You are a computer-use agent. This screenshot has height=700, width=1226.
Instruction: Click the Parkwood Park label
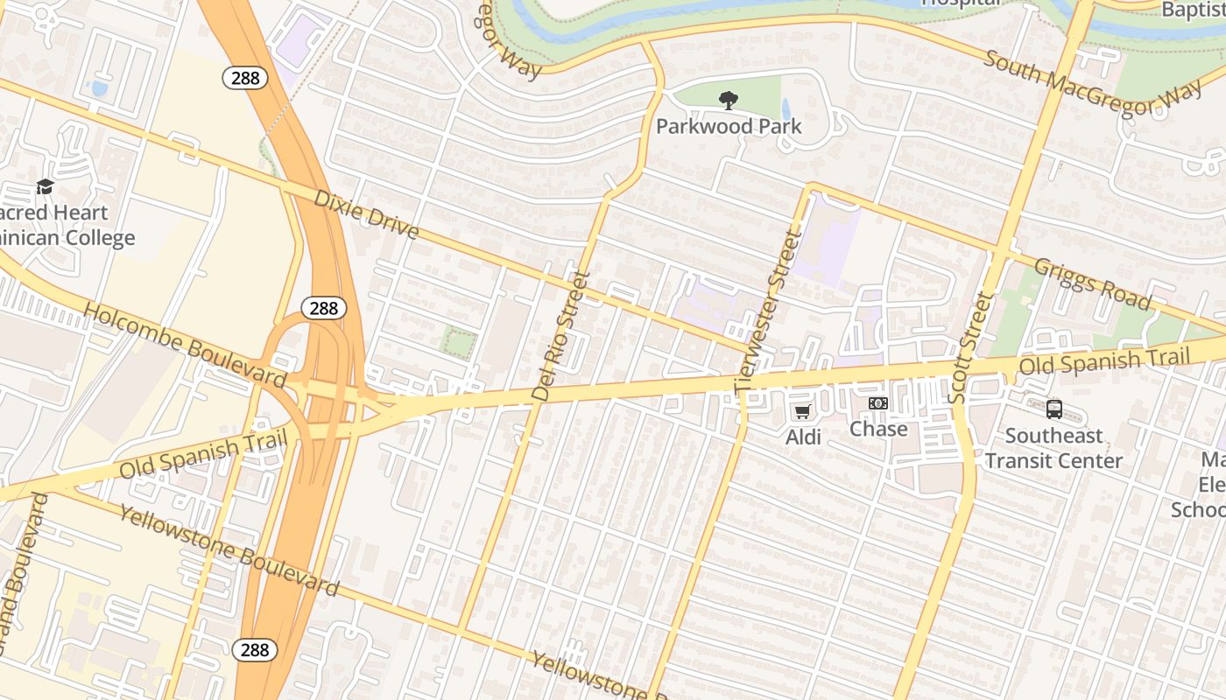pos(729,126)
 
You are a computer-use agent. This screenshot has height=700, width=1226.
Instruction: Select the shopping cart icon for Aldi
pos(802,411)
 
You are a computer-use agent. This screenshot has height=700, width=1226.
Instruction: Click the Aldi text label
pos(803,437)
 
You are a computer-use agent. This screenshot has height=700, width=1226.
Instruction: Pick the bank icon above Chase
pos(878,403)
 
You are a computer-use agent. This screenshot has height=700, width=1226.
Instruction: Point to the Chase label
pos(878,429)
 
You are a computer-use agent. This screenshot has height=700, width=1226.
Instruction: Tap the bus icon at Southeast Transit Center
pos(1054,409)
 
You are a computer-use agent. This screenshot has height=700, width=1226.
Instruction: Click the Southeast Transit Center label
pos(1053,448)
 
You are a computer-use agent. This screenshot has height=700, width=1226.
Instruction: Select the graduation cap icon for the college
pos(45,186)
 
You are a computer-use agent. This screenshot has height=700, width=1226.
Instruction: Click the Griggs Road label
pos(1092,283)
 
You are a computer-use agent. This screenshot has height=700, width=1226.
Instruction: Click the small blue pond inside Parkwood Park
pos(786,108)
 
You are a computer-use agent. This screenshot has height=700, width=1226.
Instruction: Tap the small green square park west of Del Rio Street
pos(459,342)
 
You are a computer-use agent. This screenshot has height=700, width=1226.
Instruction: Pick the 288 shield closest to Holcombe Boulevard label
pos(324,308)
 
